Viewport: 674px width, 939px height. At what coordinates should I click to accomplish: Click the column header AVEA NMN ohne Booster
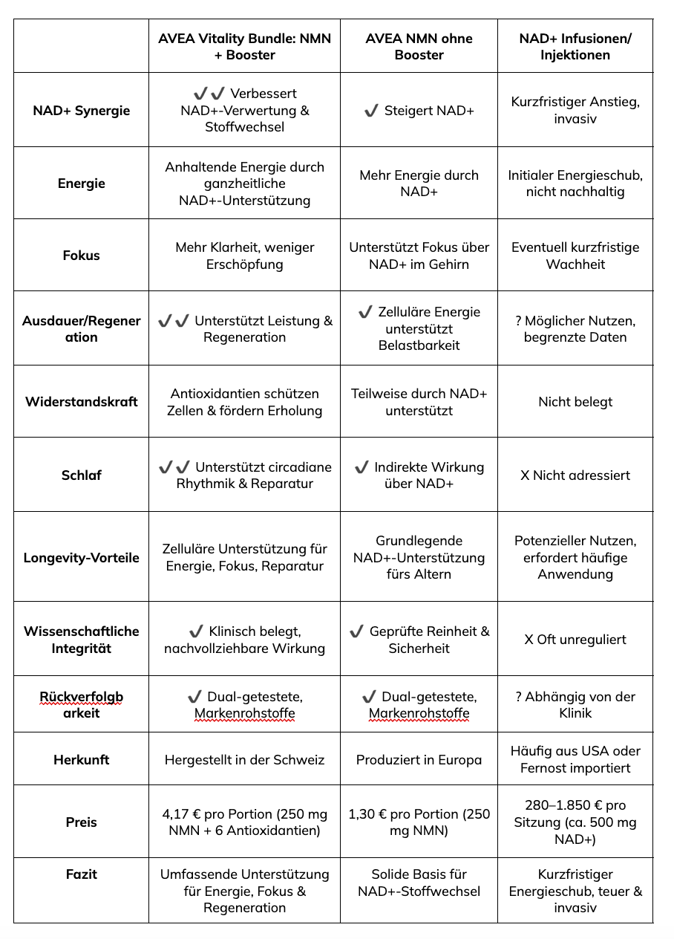[x=419, y=46]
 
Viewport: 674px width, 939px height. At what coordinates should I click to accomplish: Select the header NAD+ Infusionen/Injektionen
[x=575, y=46]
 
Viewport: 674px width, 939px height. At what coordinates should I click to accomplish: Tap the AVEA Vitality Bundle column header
[x=244, y=46]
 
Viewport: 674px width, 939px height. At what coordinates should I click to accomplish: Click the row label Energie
[x=82, y=183]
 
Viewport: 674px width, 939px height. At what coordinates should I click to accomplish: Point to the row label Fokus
[x=82, y=256]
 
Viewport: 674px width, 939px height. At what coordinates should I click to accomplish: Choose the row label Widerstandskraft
[x=82, y=402]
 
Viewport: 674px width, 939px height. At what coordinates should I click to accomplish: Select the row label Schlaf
[x=82, y=475]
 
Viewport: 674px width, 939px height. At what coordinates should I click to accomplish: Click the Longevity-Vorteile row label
[x=82, y=558]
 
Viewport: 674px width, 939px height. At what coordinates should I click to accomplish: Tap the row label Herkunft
[x=82, y=760]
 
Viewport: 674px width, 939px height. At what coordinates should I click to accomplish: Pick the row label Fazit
[x=82, y=874]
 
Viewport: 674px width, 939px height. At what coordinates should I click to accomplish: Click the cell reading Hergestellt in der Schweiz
[x=244, y=760]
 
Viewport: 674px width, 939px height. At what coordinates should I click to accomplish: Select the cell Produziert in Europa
[x=419, y=760]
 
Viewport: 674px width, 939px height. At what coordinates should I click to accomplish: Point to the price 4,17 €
[x=244, y=822]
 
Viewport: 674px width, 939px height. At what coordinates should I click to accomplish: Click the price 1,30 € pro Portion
[x=419, y=822]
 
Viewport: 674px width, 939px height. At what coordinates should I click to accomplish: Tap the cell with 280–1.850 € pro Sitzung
[x=575, y=822]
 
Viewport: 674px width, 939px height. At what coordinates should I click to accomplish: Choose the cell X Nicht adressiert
[x=575, y=475]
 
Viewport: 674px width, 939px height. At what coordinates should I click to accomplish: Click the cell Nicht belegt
[x=575, y=402]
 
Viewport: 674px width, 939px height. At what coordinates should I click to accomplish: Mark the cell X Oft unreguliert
[x=575, y=640]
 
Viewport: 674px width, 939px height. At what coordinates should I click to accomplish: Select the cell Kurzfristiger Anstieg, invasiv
[x=575, y=110]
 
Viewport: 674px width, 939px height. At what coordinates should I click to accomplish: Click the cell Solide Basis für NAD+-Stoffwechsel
[x=419, y=883]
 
